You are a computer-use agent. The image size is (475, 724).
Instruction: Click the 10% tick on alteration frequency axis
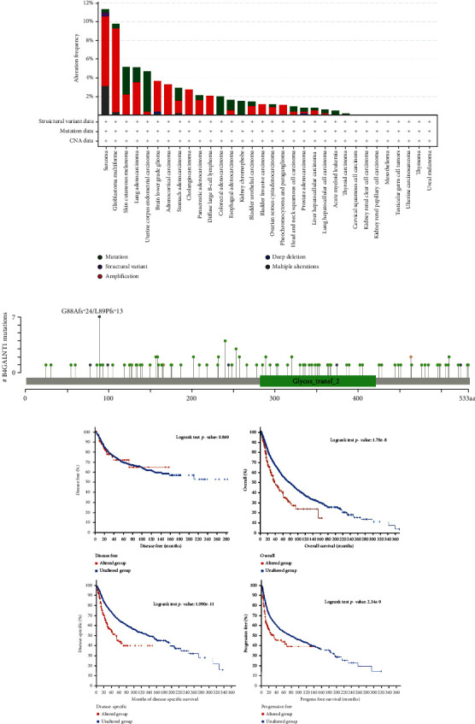tap(88, 21)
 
